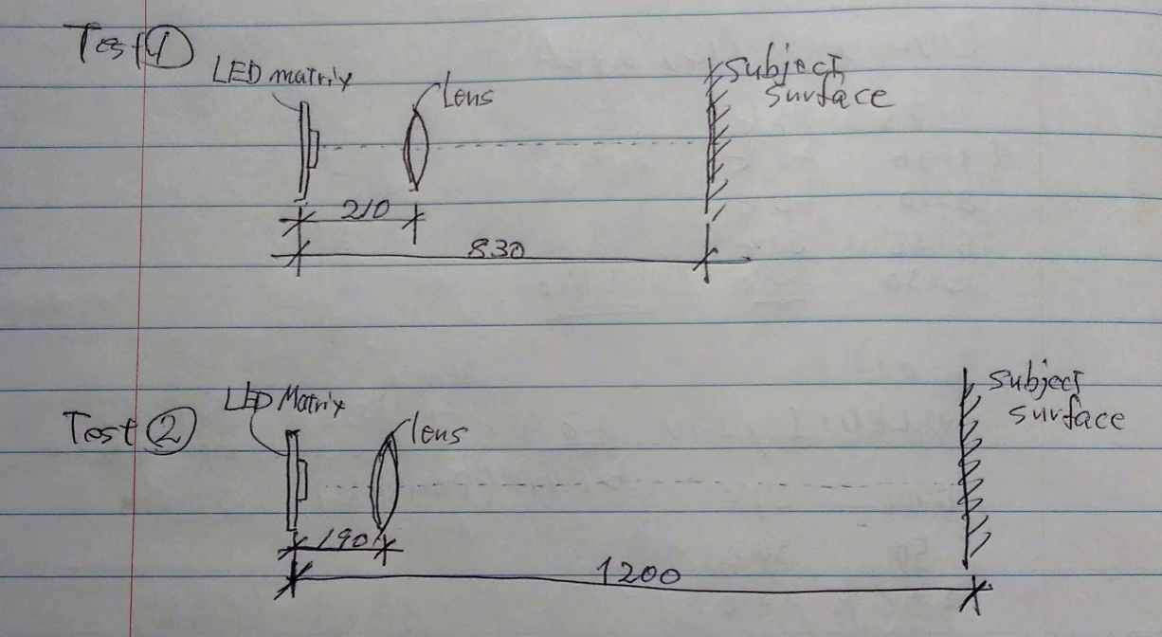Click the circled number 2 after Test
pyautogui.click(x=172, y=435)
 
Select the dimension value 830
pyautogui.click(x=496, y=249)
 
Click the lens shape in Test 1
pyautogui.click(x=417, y=150)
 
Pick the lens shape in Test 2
pyautogui.click(x=385, y=483)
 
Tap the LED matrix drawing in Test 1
pyautogui.click(x=306, y=150)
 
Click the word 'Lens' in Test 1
pyautogui.click(x=467, y=96)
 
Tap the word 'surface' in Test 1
pyautogui.click(x=826, y=97)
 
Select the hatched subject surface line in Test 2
pyautogui.click(x=969, y=474)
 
